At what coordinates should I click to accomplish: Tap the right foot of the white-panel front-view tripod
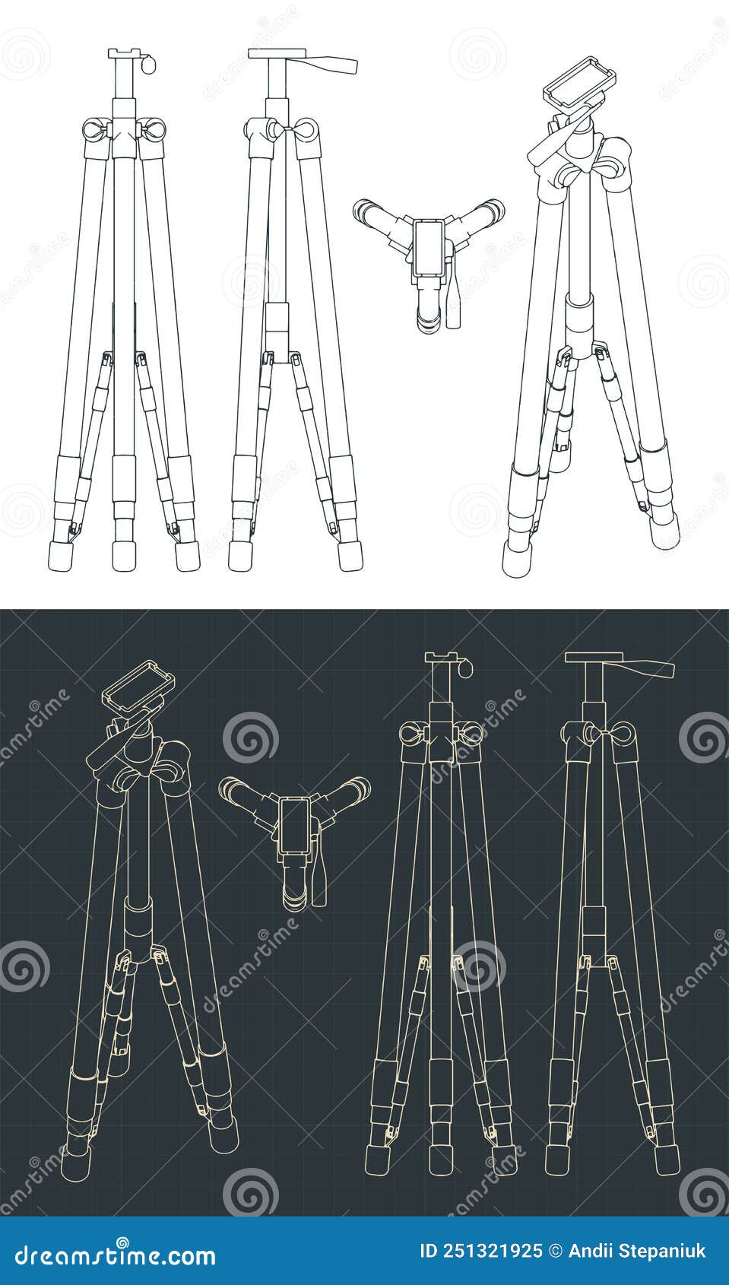coord(185,556)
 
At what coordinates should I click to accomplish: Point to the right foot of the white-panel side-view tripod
coord(350,556)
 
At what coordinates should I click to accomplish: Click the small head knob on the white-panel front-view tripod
coord(147,65)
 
